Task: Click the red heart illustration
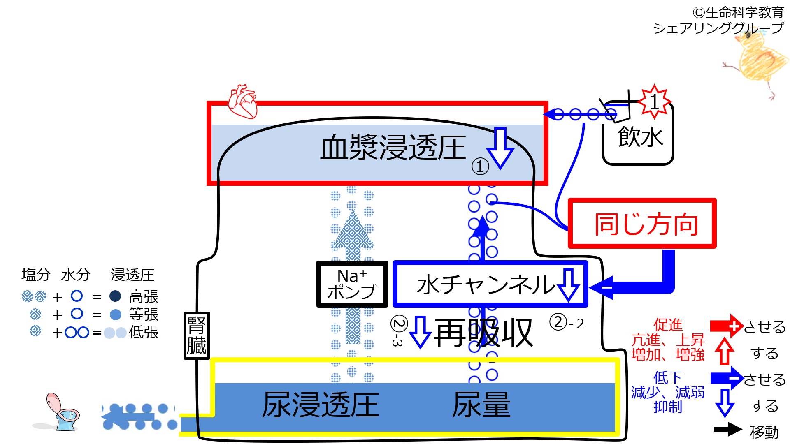pyautogui.click(x=243, y=102)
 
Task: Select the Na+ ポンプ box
pyautogui.click(x=352, y=284)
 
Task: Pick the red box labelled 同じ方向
pyautogui.click(x=642, y=224)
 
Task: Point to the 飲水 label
pyautogui.click(x=640, y=137)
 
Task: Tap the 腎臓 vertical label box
pyautogui.click(x=196, y=335)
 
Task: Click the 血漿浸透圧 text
pyautogui.click(x=393, y=148)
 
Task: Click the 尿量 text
pyautogui.click(x=481, y=405)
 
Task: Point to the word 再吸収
pyautogui.click(x=483, y=333)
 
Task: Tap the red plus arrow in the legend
pyautogui.click(x=726, y=326)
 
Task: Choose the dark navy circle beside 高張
pyautogui.click(x=115, y=296)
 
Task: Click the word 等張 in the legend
pyautogui.click(x=144, y=314)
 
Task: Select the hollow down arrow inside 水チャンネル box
pyautogui.click(x=569, y=284)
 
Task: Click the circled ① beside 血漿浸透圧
pyautogui.click(x=480, y=166)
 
